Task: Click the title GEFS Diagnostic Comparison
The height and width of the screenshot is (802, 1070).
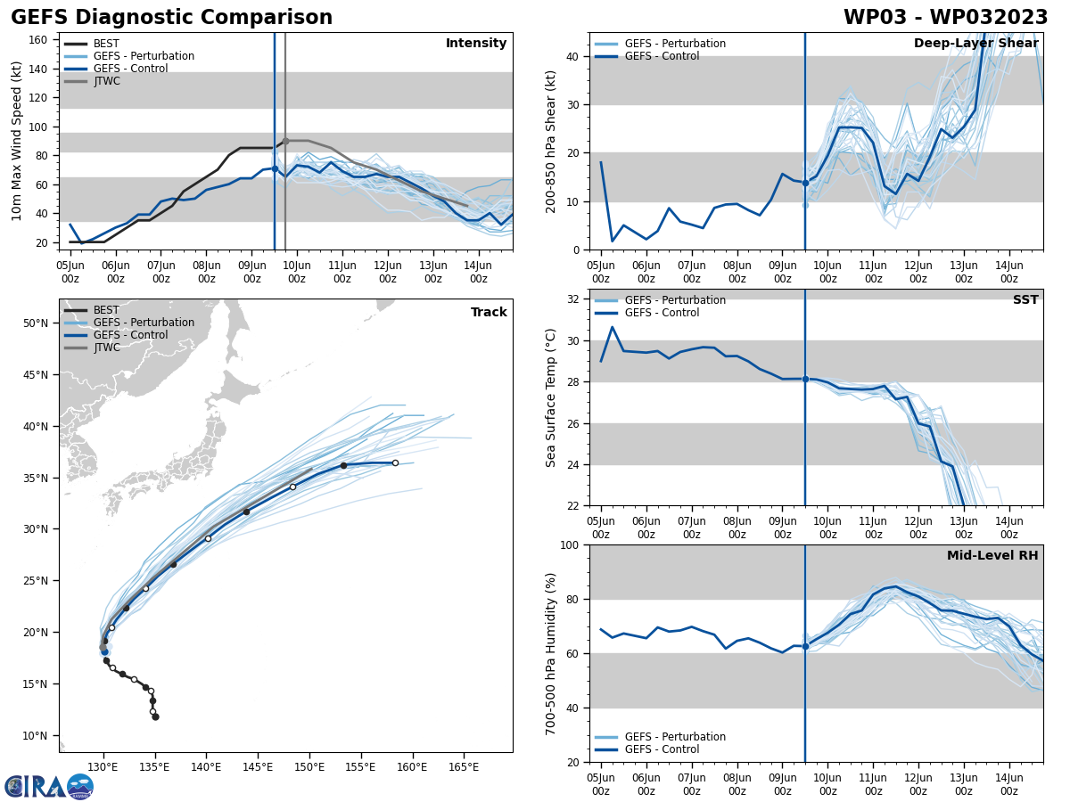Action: (171, 18)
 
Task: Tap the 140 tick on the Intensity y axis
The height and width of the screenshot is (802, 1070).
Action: (40, 68)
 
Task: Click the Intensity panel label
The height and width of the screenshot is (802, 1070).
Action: (476, 44)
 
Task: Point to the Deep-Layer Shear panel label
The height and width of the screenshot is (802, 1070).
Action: (975, 44)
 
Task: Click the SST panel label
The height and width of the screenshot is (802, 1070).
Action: (1025, 300)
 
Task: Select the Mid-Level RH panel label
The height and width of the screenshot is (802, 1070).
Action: (992, 556)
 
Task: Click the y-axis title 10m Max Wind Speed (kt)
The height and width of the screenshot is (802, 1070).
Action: (17, 141)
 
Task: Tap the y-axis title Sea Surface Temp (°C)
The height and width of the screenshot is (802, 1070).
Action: (551, 397)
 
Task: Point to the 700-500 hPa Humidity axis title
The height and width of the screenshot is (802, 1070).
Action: (551, 653)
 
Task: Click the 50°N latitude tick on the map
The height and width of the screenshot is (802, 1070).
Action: (37, 323)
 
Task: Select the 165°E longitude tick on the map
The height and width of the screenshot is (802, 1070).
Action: (464, 767)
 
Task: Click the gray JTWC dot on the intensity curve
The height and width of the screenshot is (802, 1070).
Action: (285, 141)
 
